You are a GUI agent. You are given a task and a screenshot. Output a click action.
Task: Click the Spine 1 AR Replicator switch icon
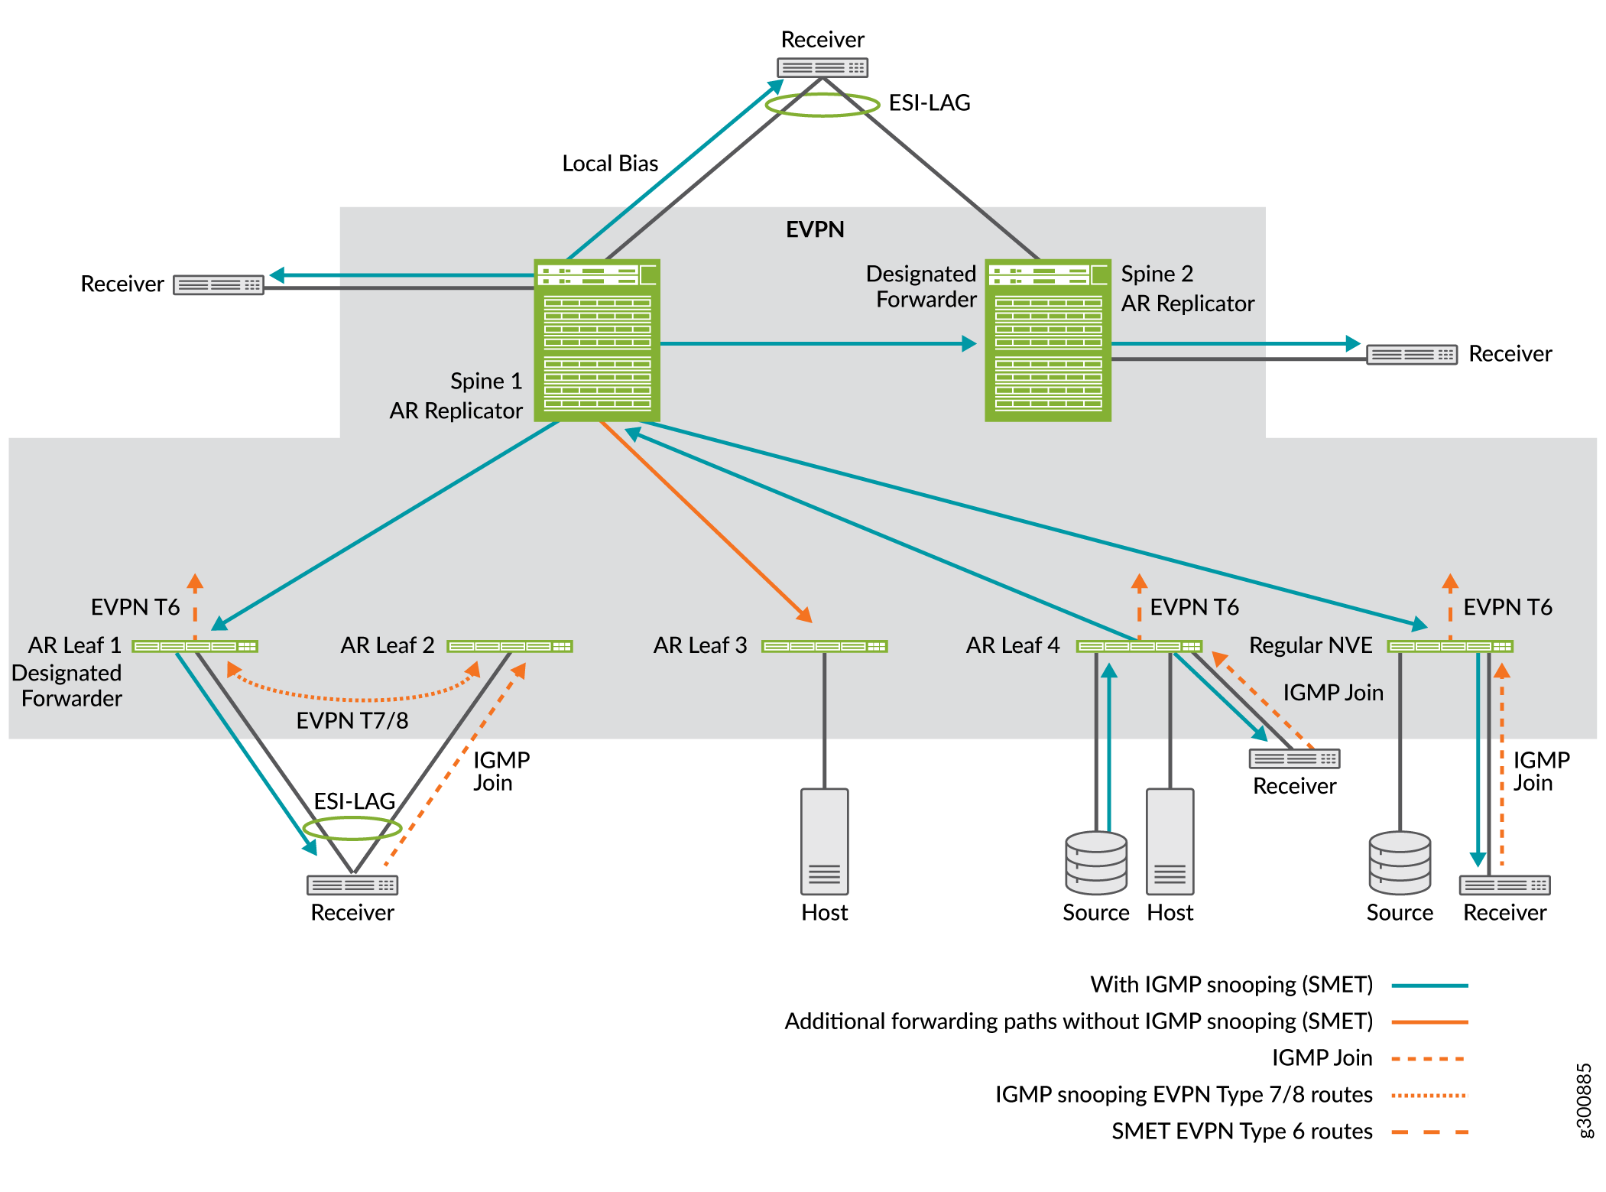point(596,340)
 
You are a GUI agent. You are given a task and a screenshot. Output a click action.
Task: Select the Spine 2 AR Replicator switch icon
point(1047,340)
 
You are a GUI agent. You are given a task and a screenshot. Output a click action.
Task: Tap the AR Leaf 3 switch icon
point(824,646)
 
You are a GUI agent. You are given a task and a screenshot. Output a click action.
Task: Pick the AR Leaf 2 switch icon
point(510,646)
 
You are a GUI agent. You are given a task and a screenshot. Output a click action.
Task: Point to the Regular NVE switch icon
point(1450,646)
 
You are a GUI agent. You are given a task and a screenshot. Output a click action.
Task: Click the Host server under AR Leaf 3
point(824,841)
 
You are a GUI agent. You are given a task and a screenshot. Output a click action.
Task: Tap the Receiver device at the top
point(822,67)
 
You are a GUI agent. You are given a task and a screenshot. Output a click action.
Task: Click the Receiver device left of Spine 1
point(218,284)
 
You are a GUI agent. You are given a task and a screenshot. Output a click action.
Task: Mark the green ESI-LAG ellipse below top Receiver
point(822,105)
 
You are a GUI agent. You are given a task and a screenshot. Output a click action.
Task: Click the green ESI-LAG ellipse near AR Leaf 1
point(352,827)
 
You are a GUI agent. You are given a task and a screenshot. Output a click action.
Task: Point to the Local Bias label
point(610,164)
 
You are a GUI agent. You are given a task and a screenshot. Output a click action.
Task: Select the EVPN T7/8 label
point(352,720)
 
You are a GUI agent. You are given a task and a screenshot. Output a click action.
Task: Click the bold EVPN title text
point(815,229)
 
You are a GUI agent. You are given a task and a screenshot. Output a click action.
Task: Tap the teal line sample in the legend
point(1429,986)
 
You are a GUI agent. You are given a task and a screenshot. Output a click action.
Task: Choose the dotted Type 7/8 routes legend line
point(1429,1095)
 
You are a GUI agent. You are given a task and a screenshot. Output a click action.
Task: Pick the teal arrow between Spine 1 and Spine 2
point(818,344)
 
